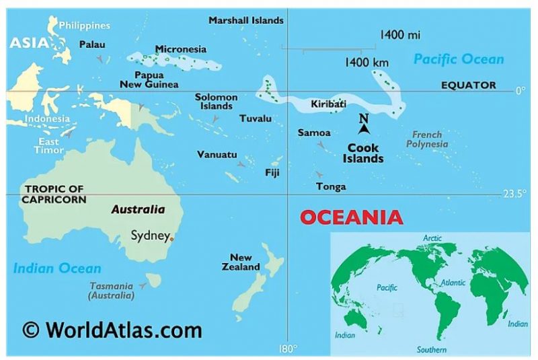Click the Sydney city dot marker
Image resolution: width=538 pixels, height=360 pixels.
pyautogui.click(x=171, y=238)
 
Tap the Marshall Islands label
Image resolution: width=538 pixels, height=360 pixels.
pyautogui.click(x=245, y=20)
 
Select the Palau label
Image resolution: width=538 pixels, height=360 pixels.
pyautogui.click(x=92, y=44)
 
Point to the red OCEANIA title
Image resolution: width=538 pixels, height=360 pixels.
pyautogui.click(x=351, y=217)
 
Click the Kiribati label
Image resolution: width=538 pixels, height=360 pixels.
pyautogui.click(x=328, y=104)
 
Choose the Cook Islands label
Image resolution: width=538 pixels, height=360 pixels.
pyautogui.click(x=363, y=153)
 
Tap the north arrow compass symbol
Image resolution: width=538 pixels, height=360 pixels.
pyautogui.click(x=364, y=125)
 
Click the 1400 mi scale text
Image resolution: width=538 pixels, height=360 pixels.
pyautogui.click(x=400, y=34)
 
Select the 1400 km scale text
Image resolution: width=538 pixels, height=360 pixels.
pyautogui.click(x=367, y=63)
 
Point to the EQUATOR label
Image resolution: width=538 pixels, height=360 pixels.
pyautogui.click(x=468, y=85)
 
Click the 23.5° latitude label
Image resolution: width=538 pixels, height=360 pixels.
pyautogui.click(x=514, y=194)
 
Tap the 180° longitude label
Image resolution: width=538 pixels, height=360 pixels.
pyautogui.click(x=287, y=349)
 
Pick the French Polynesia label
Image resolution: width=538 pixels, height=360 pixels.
pyautogui.click(x=427, y=139)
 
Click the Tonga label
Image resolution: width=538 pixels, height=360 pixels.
pyautogui.click(x=331, y=186)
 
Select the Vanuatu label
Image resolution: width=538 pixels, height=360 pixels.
pyautogui.click(x=217, y=155)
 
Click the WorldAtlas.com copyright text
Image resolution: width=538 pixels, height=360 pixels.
pyautogui.click(x=112, y=330)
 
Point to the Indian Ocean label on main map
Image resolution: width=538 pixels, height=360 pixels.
pyautogui.click(x=57, y=268)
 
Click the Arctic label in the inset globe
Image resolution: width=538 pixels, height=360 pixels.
pyautogui.click(x=432, y=238)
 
